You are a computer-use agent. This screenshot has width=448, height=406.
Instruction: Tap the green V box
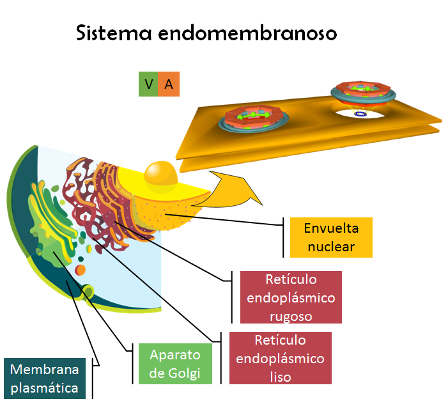[x=148, y=84]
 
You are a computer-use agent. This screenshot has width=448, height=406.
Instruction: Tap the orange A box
[x=169, y=84]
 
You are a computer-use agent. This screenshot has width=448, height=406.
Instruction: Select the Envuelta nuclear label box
[x=330, y=237]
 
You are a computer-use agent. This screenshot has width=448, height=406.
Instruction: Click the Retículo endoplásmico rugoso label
[x=291, y=297]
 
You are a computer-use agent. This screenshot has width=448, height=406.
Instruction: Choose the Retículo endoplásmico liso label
[x=280, y=358]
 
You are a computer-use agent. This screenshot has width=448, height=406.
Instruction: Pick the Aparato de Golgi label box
[x=174, y=364]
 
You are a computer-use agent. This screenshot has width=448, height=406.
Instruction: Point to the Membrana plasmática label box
[x=44, y=379]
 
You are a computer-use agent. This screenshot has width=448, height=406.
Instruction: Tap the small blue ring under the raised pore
[x=361, y=114]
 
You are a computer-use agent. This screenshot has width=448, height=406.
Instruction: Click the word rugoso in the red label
[x=291, y=315]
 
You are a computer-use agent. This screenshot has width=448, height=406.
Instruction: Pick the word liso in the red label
[x=280, y=377]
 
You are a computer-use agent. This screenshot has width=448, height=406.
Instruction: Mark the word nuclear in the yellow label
[x=330, y=246]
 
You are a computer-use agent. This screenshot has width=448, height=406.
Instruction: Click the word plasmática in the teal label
[x=44, y=387]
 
